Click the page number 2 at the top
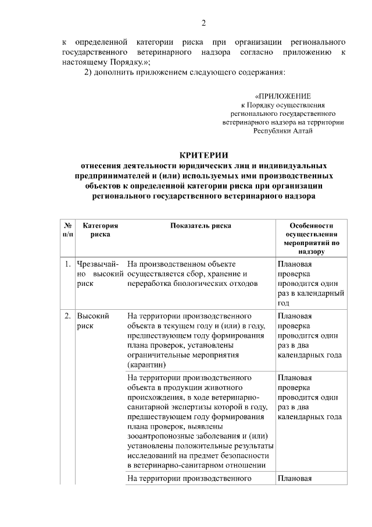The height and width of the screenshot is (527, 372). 203,23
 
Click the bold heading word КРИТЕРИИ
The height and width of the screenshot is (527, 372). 203,155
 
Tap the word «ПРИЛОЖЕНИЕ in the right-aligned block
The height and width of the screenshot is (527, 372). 283,96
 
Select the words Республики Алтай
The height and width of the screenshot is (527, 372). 283,131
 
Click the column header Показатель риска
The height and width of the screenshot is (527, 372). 201,225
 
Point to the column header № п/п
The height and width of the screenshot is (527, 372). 68,229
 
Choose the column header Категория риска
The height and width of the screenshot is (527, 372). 101,229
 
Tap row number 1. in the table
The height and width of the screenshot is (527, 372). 68,264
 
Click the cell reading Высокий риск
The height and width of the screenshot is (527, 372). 93,321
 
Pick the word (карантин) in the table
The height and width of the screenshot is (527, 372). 146,365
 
